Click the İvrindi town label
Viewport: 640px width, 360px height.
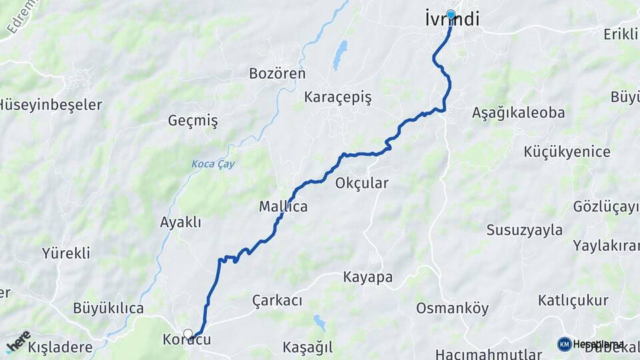click(451, 20)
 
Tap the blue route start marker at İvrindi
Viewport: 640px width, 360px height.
click(451, 14)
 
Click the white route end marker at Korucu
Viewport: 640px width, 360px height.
click(188, 333)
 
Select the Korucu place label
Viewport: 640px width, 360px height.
click(187, 340)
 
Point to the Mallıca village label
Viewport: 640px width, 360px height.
click(283, 207)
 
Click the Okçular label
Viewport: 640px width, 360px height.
click(362, 183)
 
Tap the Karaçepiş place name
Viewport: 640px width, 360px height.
click(337, 97)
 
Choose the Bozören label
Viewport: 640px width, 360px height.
click(277, 73)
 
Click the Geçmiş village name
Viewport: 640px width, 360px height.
click(193, 121)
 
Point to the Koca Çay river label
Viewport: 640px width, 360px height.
click(213, 164)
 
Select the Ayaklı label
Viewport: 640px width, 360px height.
click(180, 222)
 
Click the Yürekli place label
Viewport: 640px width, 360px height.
click(66, 253)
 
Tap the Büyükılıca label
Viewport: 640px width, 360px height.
click(108, 308)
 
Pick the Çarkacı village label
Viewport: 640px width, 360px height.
click(277, 301)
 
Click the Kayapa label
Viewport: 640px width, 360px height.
click(367, 277)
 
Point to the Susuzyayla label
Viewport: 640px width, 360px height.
click(524, 230)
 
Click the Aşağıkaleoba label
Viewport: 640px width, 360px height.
click(518, 112)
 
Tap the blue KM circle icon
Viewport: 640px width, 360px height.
click(565, 344)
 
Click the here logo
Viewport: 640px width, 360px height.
click(18, 342)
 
